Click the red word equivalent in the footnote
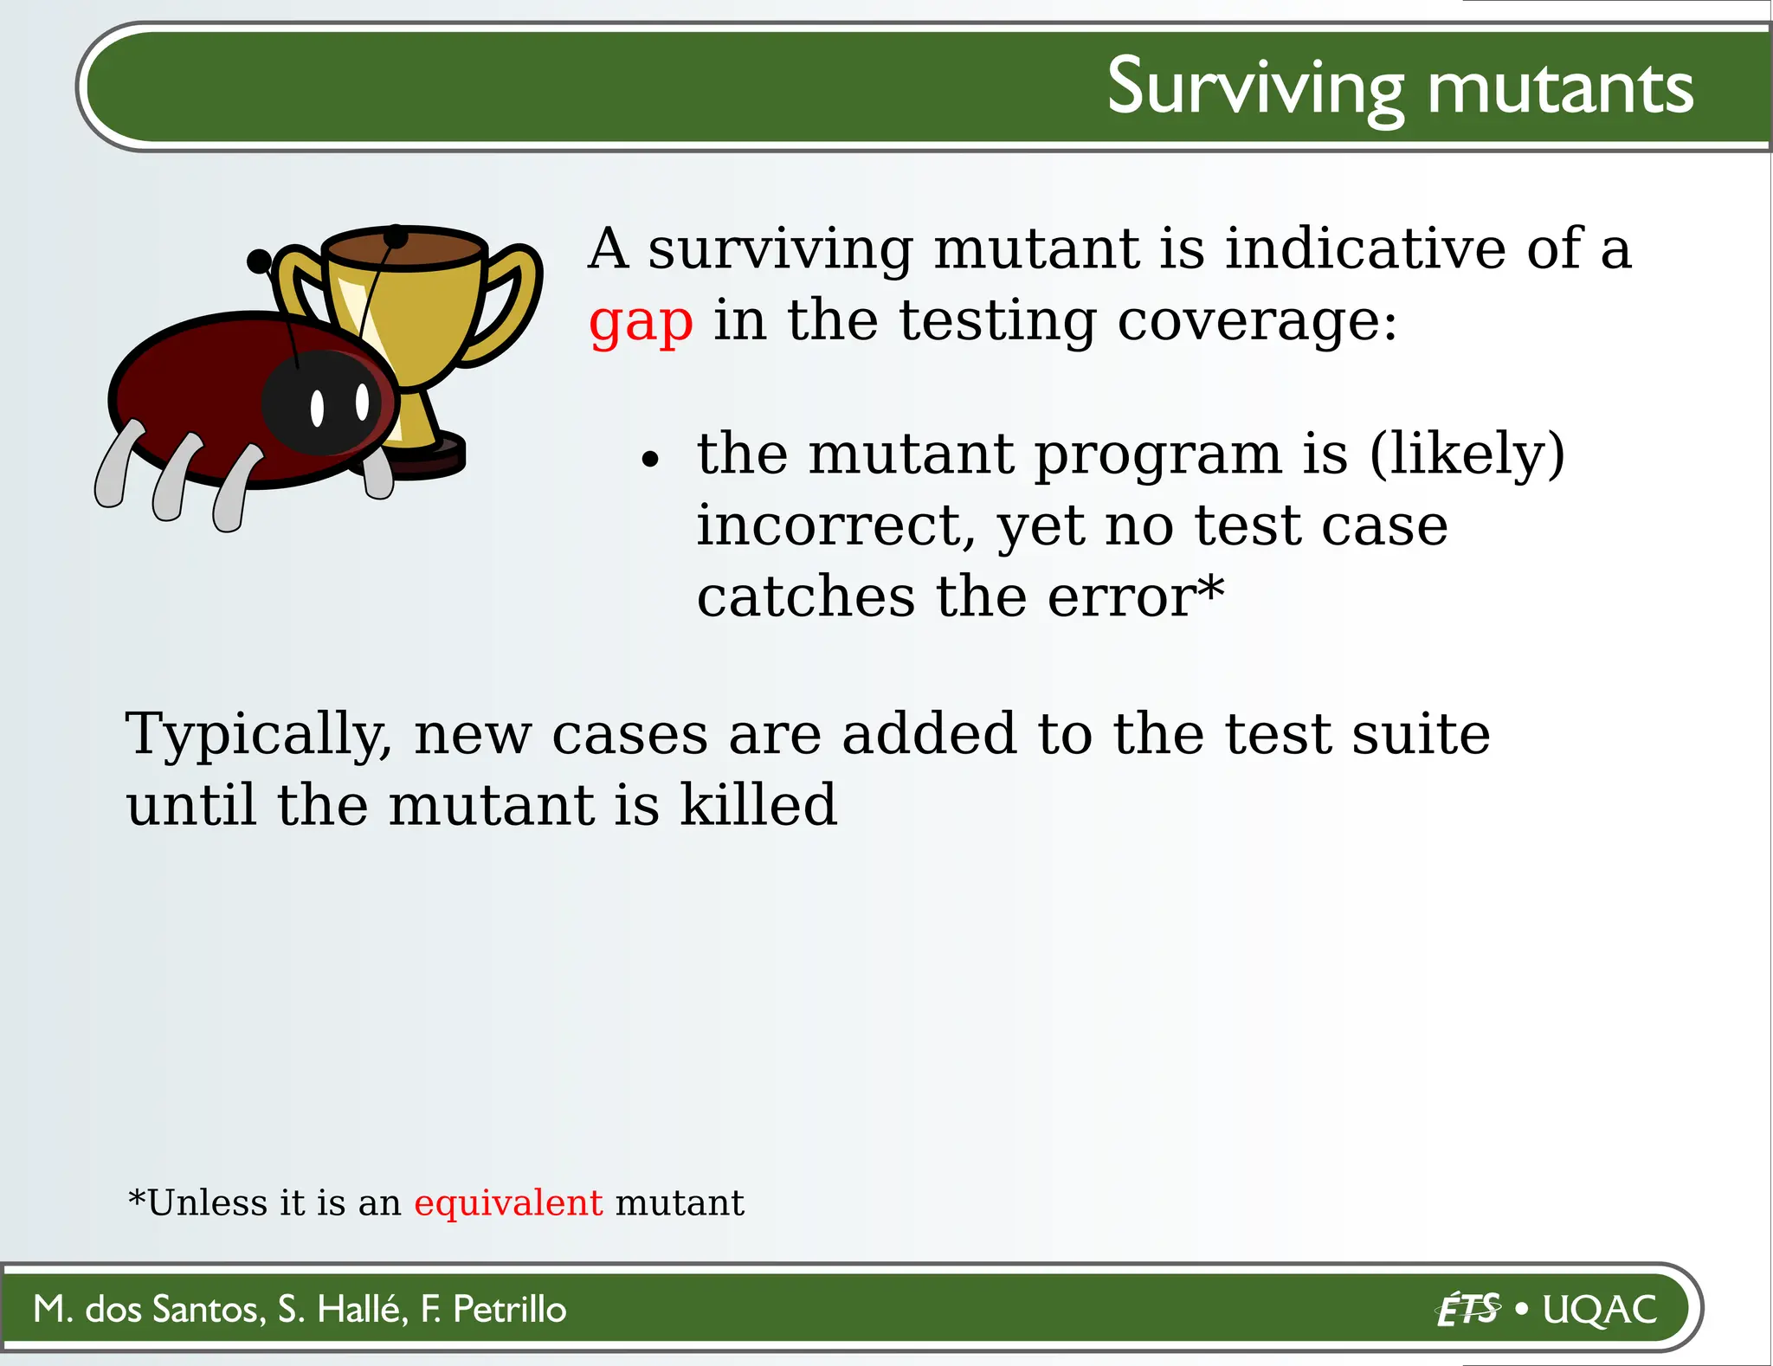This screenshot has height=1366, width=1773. coord(508,1203)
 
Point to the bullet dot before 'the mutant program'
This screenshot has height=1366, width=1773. coord(650,460)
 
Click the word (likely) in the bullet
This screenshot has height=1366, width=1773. coord(1467,454)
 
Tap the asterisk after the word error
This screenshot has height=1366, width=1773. coord(1211,588)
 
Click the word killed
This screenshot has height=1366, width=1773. coord(758,805)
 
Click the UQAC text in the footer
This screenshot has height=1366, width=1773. coord(1600,1310)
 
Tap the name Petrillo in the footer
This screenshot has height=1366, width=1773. coord(509,1309)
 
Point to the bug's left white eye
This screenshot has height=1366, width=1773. coord(317,409)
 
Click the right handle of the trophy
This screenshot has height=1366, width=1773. coord(511,303)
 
